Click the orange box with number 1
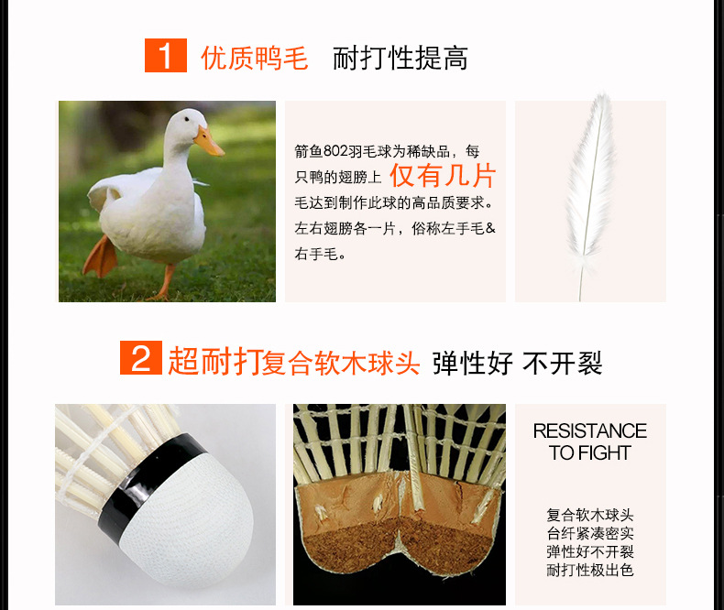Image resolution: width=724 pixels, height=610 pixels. [166, 55]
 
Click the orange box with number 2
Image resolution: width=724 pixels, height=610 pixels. [141, 357]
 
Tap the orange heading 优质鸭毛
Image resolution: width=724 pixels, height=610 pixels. [255, 58]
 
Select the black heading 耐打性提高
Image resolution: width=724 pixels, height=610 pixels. [400, 58]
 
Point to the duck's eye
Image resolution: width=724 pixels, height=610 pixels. [187, 119]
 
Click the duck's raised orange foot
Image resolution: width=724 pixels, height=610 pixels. [100, 257]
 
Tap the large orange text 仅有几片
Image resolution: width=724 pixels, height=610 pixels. [443, 175]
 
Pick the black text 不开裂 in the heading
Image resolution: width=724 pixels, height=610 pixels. [563, 363]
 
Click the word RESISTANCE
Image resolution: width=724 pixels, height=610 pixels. [590, 431]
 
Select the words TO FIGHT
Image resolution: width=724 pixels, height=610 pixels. [590, 453]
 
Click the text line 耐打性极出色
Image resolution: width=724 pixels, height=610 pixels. [590, 571]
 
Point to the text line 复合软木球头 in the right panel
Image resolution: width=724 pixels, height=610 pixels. [590, 515]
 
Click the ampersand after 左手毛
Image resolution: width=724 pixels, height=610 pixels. [490, 227]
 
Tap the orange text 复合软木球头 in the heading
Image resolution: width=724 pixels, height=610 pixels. [341, 363]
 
